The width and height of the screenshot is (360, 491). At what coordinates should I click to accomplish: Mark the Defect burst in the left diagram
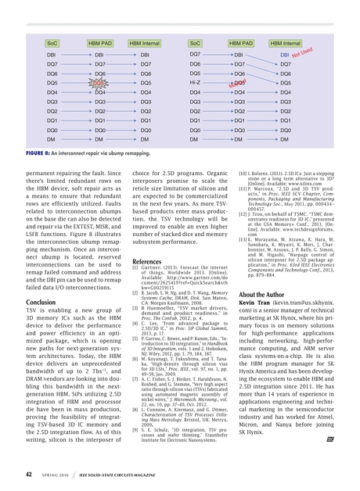click(x=99, y=82)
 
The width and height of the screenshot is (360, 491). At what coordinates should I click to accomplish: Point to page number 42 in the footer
click(x=29, y=474)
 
